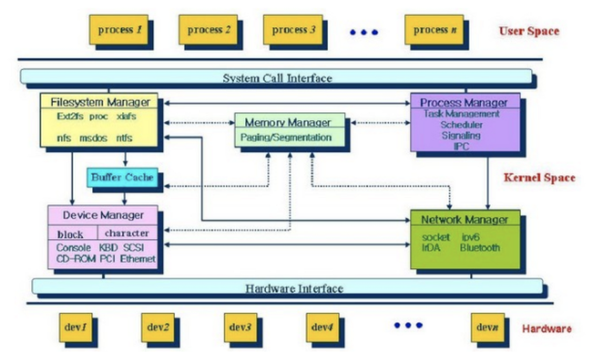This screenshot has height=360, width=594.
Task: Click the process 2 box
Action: click(208, 30)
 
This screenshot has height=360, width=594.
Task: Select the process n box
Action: click(434, 30)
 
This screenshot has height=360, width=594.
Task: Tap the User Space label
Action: click(529, 31)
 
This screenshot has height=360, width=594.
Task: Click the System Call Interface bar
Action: click(276, 77)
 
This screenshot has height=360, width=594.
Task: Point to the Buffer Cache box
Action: click(123, 177)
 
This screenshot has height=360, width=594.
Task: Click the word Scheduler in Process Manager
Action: click(461, 125)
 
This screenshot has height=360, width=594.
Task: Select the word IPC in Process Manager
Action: click(462, 146)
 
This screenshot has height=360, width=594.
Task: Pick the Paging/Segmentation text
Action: click(286, 137)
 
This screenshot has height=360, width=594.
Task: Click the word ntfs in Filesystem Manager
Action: click(124, 138)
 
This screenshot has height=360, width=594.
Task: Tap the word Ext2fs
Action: click(70, 116)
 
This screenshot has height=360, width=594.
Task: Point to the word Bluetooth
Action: click(480, 248)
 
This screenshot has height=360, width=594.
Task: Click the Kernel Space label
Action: click(539, 178)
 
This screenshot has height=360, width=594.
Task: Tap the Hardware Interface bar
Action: click(287, 286)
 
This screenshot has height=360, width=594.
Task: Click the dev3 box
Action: click(240, 328)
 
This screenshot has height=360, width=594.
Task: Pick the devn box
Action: click(488, 328)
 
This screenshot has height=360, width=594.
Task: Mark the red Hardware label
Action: click(547, 329)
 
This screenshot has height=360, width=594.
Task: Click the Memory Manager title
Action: click(288, 122)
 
